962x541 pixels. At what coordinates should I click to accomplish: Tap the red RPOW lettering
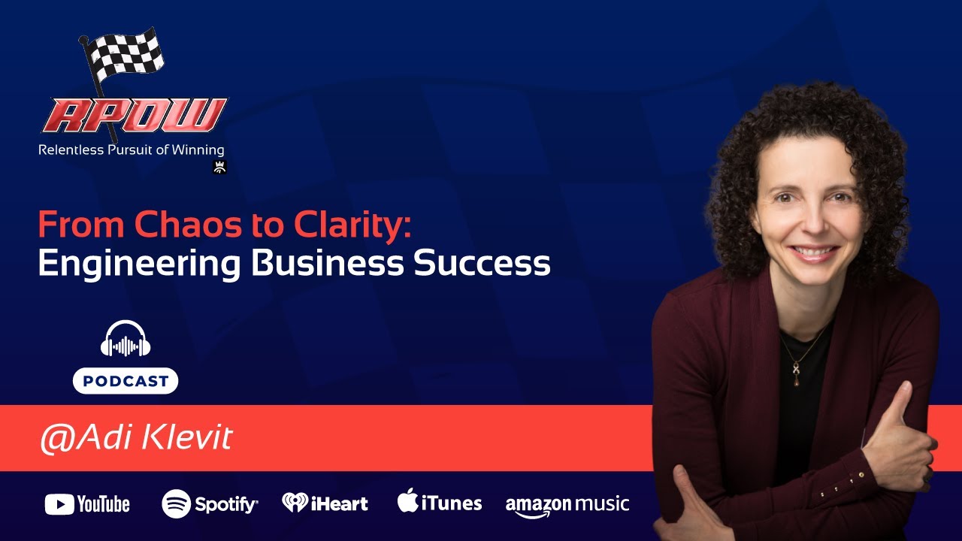[134, 115]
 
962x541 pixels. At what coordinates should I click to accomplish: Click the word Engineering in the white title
[137, 264]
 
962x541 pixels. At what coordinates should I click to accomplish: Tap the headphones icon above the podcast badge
[126, 340]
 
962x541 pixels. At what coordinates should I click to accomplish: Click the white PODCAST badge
[126, 381]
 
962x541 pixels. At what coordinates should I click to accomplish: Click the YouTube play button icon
[59, 504]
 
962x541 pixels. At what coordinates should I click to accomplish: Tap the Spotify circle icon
[176, 503]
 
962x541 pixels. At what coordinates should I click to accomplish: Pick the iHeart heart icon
[295, 503]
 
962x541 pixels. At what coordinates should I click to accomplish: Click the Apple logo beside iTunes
[407, 500]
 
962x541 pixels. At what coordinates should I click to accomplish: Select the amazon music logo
[567, 505]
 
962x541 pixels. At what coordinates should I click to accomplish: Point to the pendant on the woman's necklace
[795, 373]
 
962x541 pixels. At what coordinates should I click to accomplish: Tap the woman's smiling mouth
[812, 252]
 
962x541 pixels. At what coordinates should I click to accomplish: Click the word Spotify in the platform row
[225, 504]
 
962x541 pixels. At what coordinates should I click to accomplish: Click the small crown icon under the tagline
[219, 168]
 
